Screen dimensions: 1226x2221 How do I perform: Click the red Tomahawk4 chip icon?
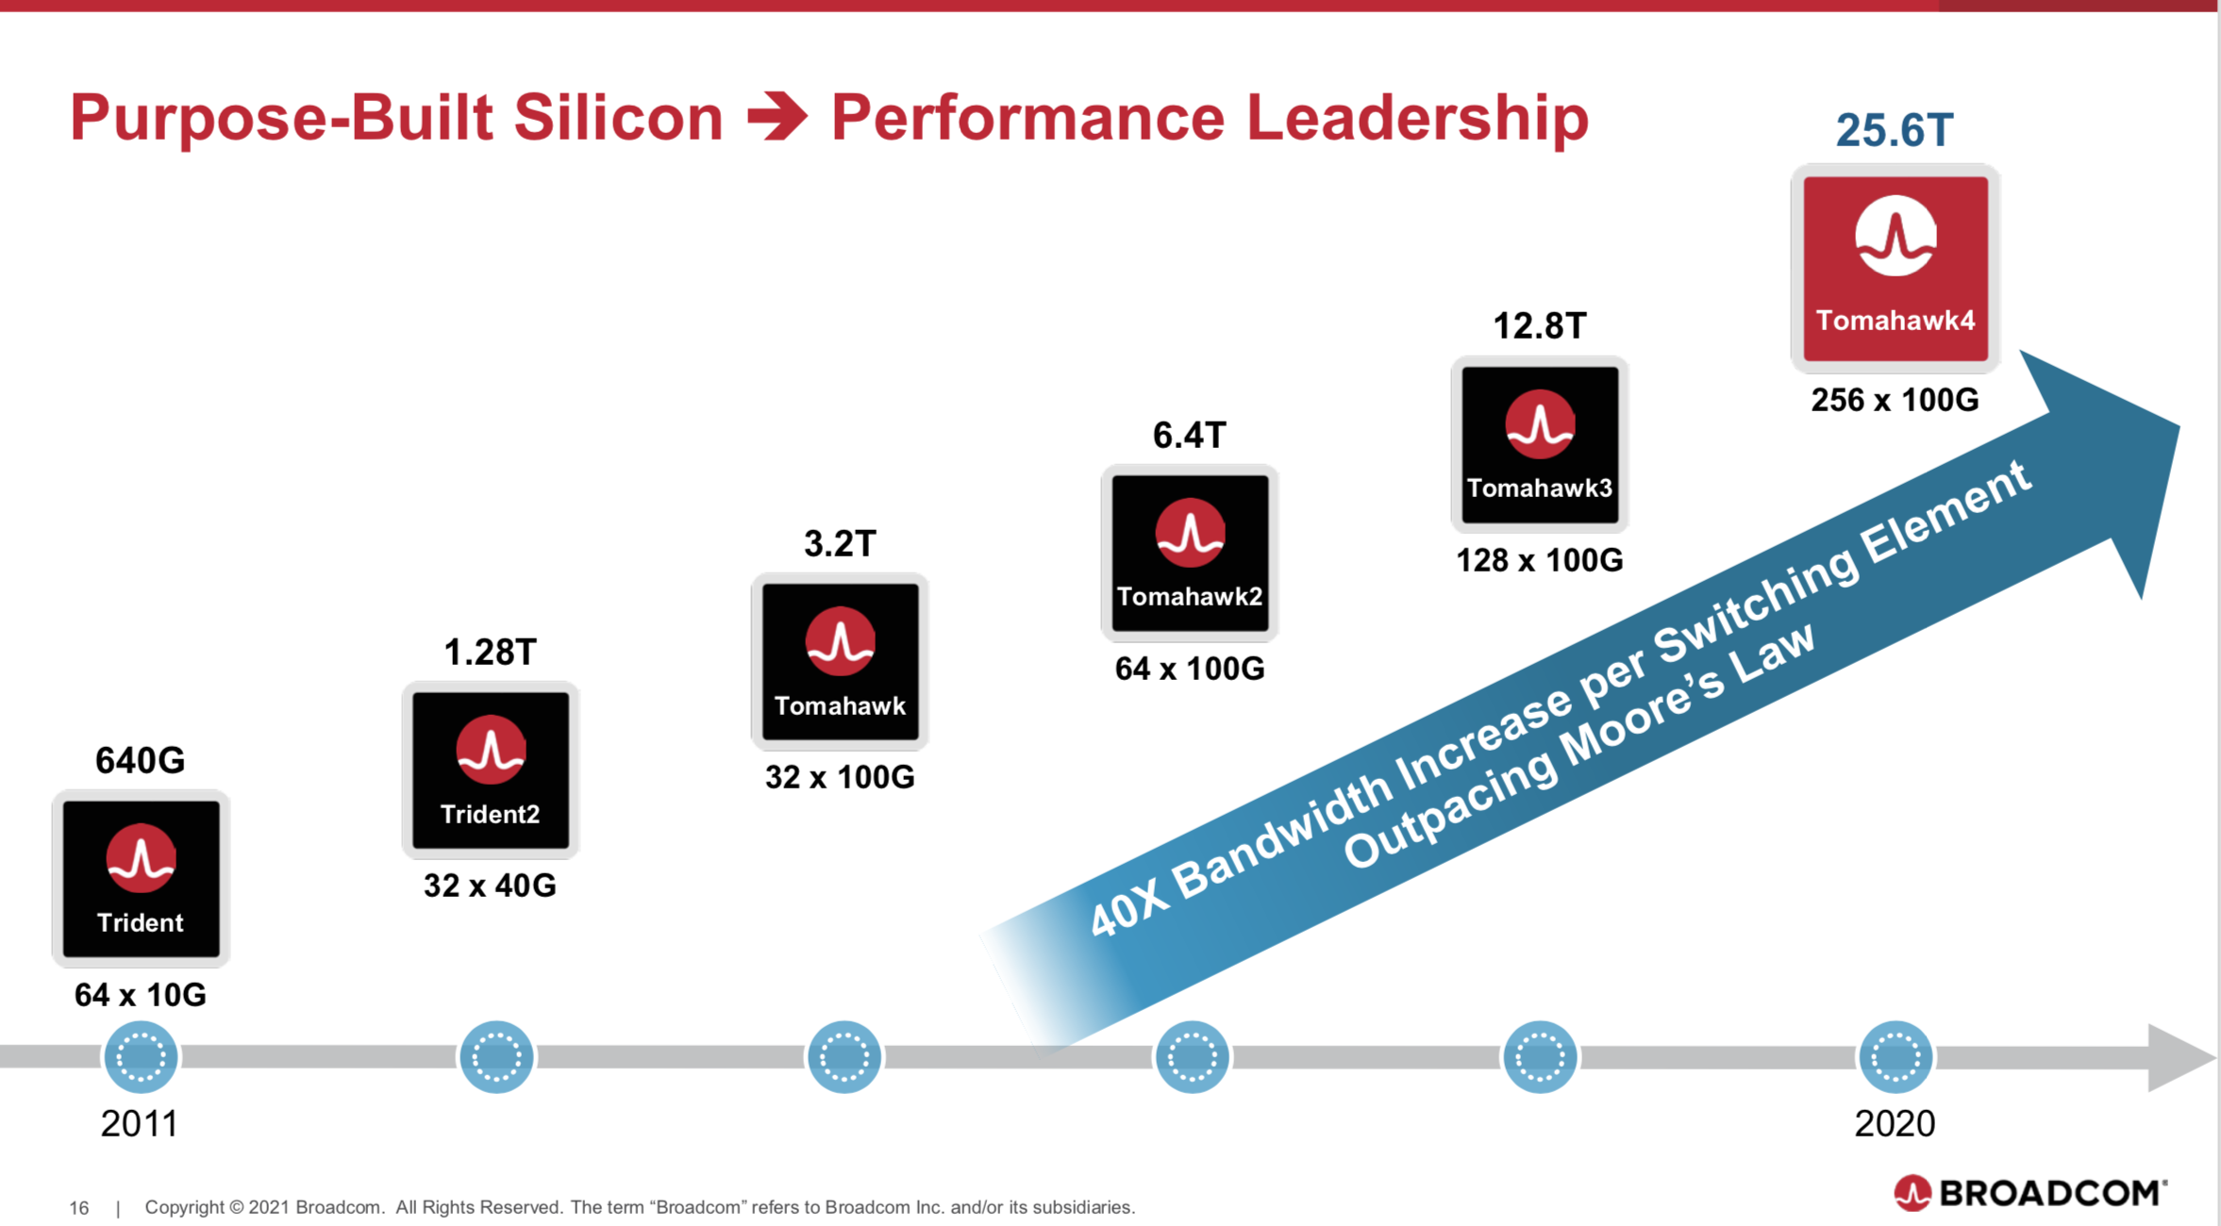point(1895,268)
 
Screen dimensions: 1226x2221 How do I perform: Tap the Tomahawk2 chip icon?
point(1190,553)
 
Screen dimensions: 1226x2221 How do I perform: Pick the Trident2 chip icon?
point(491,770)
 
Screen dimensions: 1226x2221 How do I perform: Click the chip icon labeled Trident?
point(141,879)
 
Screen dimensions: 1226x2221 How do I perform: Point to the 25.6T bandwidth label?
point(1895,130)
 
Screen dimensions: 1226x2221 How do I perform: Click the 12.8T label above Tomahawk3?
point(1540,326)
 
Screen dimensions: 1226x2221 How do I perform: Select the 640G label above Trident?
point(141,760)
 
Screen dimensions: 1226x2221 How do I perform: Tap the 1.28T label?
point(491,652)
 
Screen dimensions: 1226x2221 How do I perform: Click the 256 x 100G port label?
point(1895,400)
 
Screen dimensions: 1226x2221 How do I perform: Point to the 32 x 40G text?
point(491,886)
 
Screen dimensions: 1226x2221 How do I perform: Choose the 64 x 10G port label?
point(141,995)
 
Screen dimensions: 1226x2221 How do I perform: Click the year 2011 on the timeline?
point(140,1123)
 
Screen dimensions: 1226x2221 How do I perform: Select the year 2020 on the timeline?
point(1895,1123)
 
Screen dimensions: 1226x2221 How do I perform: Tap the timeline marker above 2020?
point(1895,1056)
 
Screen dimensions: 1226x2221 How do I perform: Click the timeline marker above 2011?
point(141,1056)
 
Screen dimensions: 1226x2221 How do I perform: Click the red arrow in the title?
point(777,117)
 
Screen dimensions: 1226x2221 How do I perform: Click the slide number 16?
point(79,1208)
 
